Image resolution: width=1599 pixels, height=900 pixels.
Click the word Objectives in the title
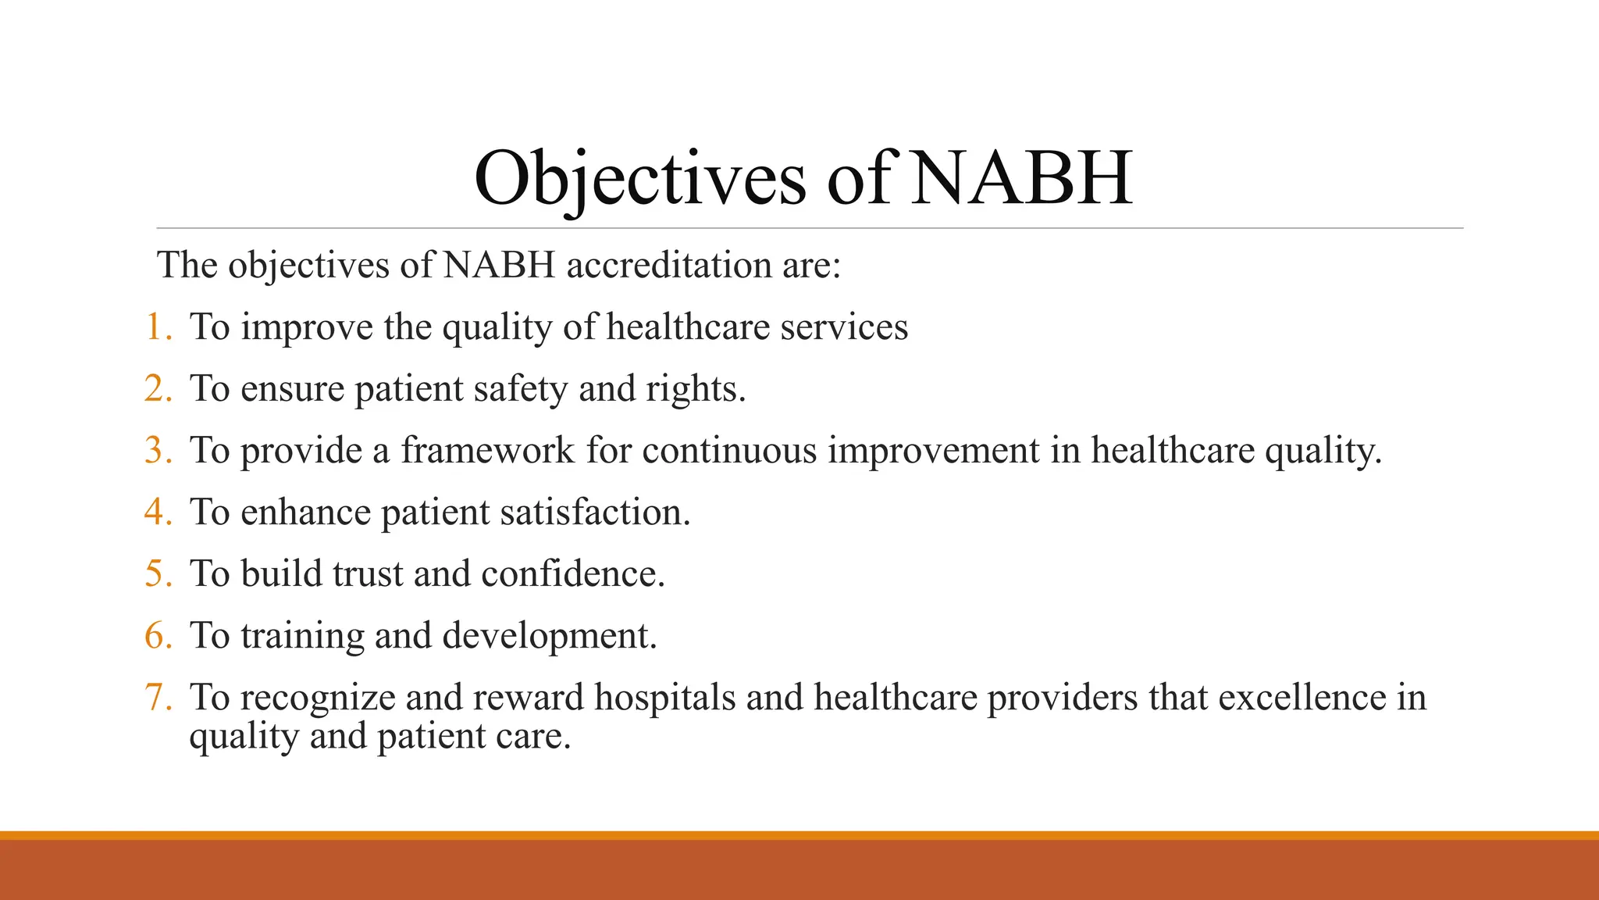tap(639, 179)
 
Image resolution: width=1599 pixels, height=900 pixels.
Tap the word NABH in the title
tap(1021, 179)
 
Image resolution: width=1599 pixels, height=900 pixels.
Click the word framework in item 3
tap(488, 451)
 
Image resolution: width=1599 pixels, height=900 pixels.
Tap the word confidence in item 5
tap(572, 574)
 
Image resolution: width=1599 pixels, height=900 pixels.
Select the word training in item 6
tap(302, 636)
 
